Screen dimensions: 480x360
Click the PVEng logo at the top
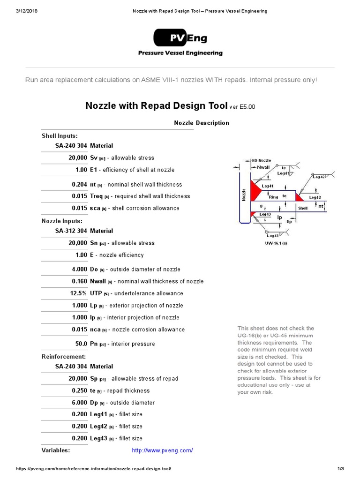click(180, 38)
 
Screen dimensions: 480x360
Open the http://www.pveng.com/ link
click(162, 450)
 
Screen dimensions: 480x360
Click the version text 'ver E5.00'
click(242, 107)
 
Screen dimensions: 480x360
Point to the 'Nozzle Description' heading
click(202, 123)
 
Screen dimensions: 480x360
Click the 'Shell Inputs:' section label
click(60, 136)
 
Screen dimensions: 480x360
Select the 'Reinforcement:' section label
click(64, 357)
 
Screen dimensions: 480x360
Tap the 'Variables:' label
click(56, 450)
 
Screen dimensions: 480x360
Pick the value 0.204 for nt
click(79, 185)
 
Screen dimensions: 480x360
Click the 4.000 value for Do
click(79, 270)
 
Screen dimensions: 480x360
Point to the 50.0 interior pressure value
click(81, 344)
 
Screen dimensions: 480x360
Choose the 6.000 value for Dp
click(79, 403)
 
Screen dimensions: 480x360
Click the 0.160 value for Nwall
click(79, 281)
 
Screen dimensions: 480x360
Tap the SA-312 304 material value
click(71, 231)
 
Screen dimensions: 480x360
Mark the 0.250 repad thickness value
click(79, 391)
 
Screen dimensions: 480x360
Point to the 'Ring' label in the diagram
click(273, 197)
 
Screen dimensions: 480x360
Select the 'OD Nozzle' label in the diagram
click(261, 161)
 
